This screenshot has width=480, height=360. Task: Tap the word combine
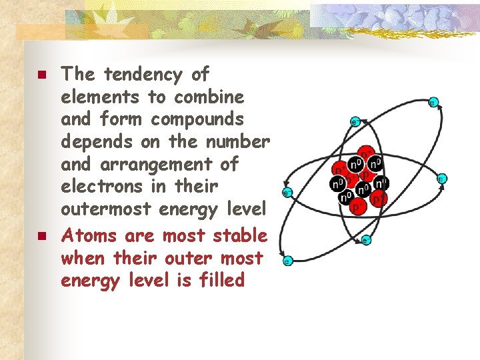(x=209, y=97)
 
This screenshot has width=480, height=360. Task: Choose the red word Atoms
(x=83, y=235)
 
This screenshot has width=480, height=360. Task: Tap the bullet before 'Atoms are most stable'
(x=41, y=236)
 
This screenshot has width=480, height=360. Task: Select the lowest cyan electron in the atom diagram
(x=288, y=261)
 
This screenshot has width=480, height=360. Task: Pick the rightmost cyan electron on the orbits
(x=441, y=179)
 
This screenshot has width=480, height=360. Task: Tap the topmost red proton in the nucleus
(x=366, y=151)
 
